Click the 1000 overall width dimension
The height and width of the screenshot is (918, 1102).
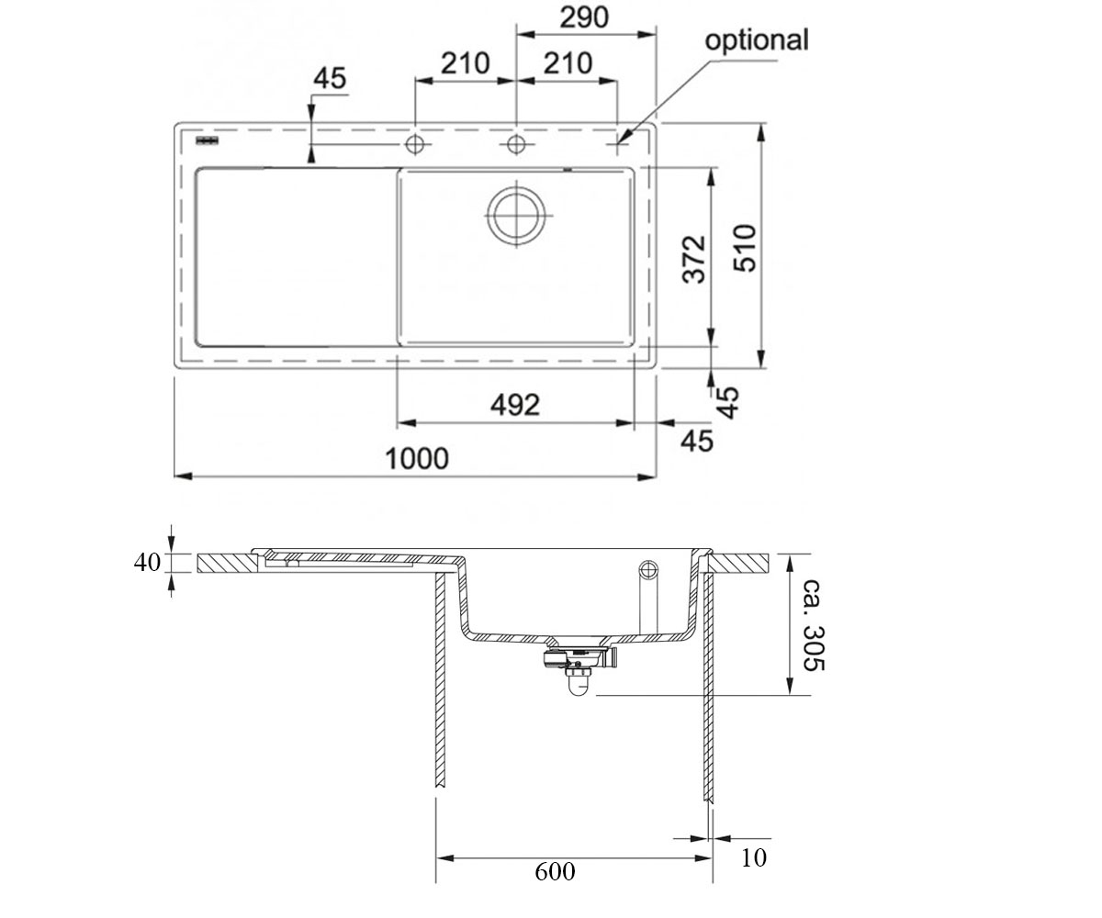[417, 458]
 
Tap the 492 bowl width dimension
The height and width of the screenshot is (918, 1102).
[515, 405]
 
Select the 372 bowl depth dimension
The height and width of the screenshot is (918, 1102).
[694, 259]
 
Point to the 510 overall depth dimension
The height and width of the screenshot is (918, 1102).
[745, 248]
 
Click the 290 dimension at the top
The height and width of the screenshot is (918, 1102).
[584, 17]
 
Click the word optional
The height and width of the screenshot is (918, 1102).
[757, 40]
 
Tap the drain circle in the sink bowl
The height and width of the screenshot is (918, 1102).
[516, 215]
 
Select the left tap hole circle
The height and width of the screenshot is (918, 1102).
[415, 144]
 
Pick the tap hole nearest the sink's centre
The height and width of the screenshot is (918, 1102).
[516, 144]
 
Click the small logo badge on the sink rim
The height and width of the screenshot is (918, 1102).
[207, 140]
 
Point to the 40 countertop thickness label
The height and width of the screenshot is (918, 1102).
[147, 563]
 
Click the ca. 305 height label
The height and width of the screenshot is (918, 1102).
[814, 626]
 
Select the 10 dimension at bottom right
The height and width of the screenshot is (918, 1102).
[754, 857]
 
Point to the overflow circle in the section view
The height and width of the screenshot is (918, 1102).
[648, 570]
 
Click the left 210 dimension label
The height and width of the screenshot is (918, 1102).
[465, 63]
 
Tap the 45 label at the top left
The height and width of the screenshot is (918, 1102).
[330, 78]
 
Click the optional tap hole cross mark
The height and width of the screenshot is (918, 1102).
[617, 144]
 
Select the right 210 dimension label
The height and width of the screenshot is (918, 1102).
[568, 63]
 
